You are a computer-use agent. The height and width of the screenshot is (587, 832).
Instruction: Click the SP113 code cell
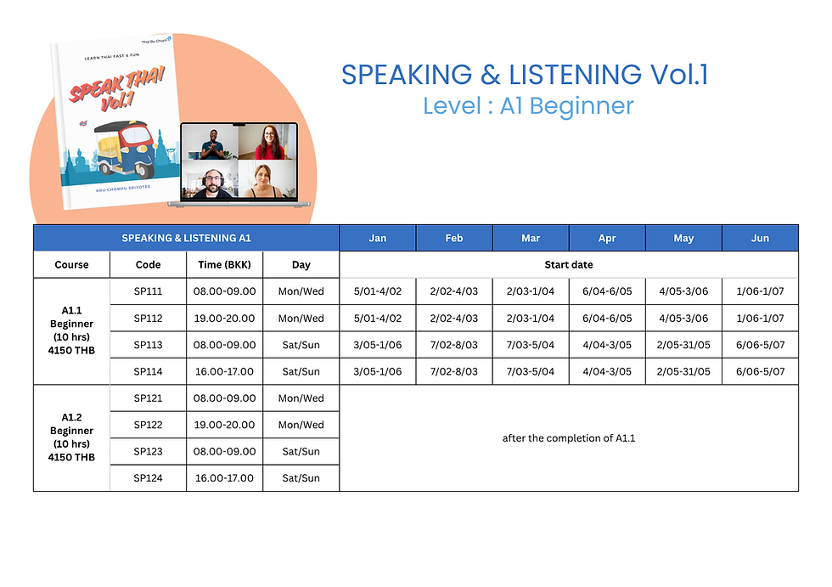148,345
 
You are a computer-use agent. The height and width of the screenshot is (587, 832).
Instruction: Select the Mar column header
531,239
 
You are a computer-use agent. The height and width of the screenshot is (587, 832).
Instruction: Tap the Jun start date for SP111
760,291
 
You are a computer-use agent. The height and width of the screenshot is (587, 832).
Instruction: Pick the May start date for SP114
683,371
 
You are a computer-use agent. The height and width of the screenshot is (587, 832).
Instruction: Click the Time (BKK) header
224,265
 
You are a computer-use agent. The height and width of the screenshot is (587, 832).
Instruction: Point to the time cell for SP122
224,425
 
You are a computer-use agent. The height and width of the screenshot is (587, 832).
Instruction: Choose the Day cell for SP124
301,478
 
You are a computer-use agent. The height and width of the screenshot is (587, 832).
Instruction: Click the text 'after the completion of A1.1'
569,438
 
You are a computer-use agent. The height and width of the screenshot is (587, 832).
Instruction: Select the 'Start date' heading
569,265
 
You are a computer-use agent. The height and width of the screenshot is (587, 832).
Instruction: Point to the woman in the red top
267,142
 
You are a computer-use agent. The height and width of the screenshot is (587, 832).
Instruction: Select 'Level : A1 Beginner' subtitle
528,106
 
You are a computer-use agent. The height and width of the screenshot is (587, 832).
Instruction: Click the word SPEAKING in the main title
407,74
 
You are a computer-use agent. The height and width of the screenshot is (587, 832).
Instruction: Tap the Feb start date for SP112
454,319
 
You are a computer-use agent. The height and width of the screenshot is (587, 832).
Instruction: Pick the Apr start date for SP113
607,345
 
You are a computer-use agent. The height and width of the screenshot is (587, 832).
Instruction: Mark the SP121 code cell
148,398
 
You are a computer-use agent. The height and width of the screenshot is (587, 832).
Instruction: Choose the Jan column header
378,239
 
